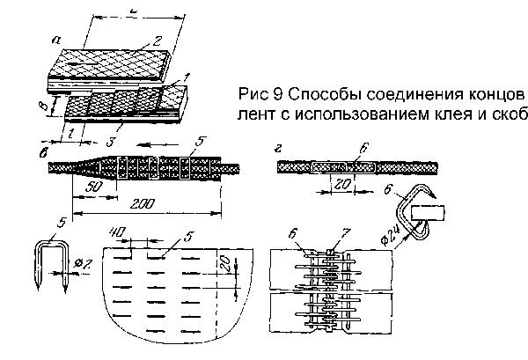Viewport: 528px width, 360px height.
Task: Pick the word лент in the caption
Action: pyautogui.click(x=255, y=115)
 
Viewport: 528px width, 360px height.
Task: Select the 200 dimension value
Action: pyautogui.click(x=135, y=202)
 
